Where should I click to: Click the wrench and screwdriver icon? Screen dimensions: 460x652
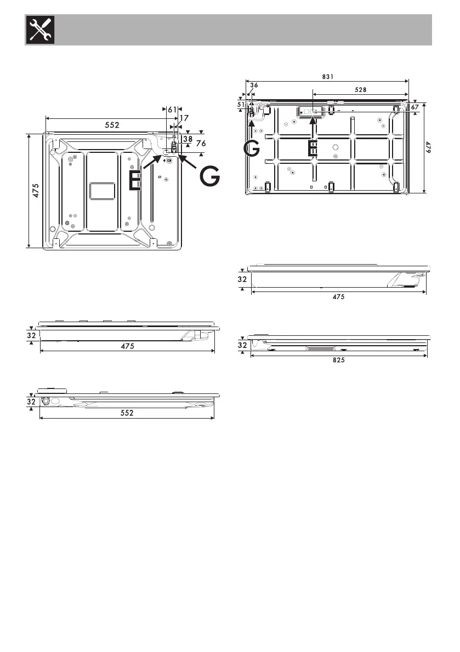[37, 30]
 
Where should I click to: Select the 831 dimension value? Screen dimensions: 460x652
[327, 77]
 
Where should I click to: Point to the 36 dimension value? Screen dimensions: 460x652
[254, 85]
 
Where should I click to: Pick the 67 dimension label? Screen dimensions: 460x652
[414, 107]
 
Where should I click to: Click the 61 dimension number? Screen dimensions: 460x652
[172, 110]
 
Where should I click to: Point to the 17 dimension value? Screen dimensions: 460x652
[184, 118]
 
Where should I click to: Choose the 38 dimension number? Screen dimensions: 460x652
[188, 139]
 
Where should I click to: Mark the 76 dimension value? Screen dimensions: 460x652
[201, 143]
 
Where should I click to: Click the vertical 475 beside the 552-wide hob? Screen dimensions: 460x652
[35, 190]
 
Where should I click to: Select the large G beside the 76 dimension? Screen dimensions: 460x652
[209, 176]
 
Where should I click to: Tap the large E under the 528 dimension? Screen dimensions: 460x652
[312, 149]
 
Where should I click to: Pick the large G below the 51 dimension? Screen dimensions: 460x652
[252, 149]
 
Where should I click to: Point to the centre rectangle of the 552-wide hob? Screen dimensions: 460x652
[102, 191]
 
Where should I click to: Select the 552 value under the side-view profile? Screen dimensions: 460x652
[127, 414]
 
